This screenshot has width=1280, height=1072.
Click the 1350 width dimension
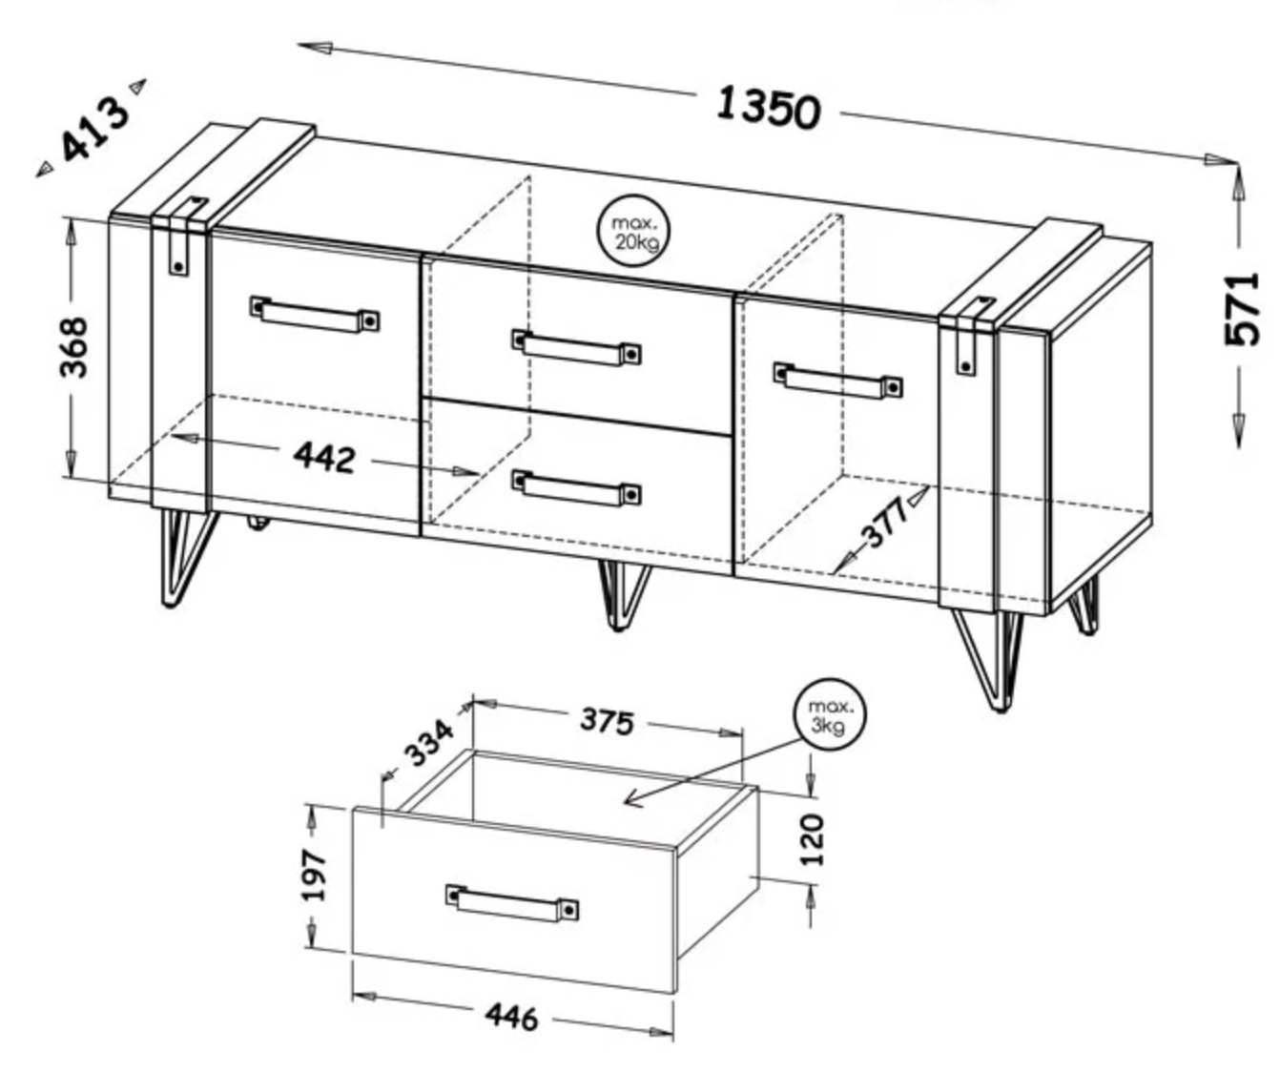768,109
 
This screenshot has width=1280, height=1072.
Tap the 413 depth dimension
95,130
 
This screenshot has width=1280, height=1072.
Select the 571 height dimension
1242,309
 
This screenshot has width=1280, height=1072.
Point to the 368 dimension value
73,346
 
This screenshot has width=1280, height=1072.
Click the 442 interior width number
324,457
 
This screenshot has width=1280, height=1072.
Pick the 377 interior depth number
884,522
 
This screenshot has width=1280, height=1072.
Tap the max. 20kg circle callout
634,231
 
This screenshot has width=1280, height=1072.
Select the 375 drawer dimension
607,720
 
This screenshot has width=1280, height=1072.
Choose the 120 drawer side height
813,839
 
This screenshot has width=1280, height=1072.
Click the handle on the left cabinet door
315,315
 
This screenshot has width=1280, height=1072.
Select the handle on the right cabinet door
838,381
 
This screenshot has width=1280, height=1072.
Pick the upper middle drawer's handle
576,347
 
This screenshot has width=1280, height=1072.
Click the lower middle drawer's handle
576,488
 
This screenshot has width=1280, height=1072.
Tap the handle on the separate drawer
512,903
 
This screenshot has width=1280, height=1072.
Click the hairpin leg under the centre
624,594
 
